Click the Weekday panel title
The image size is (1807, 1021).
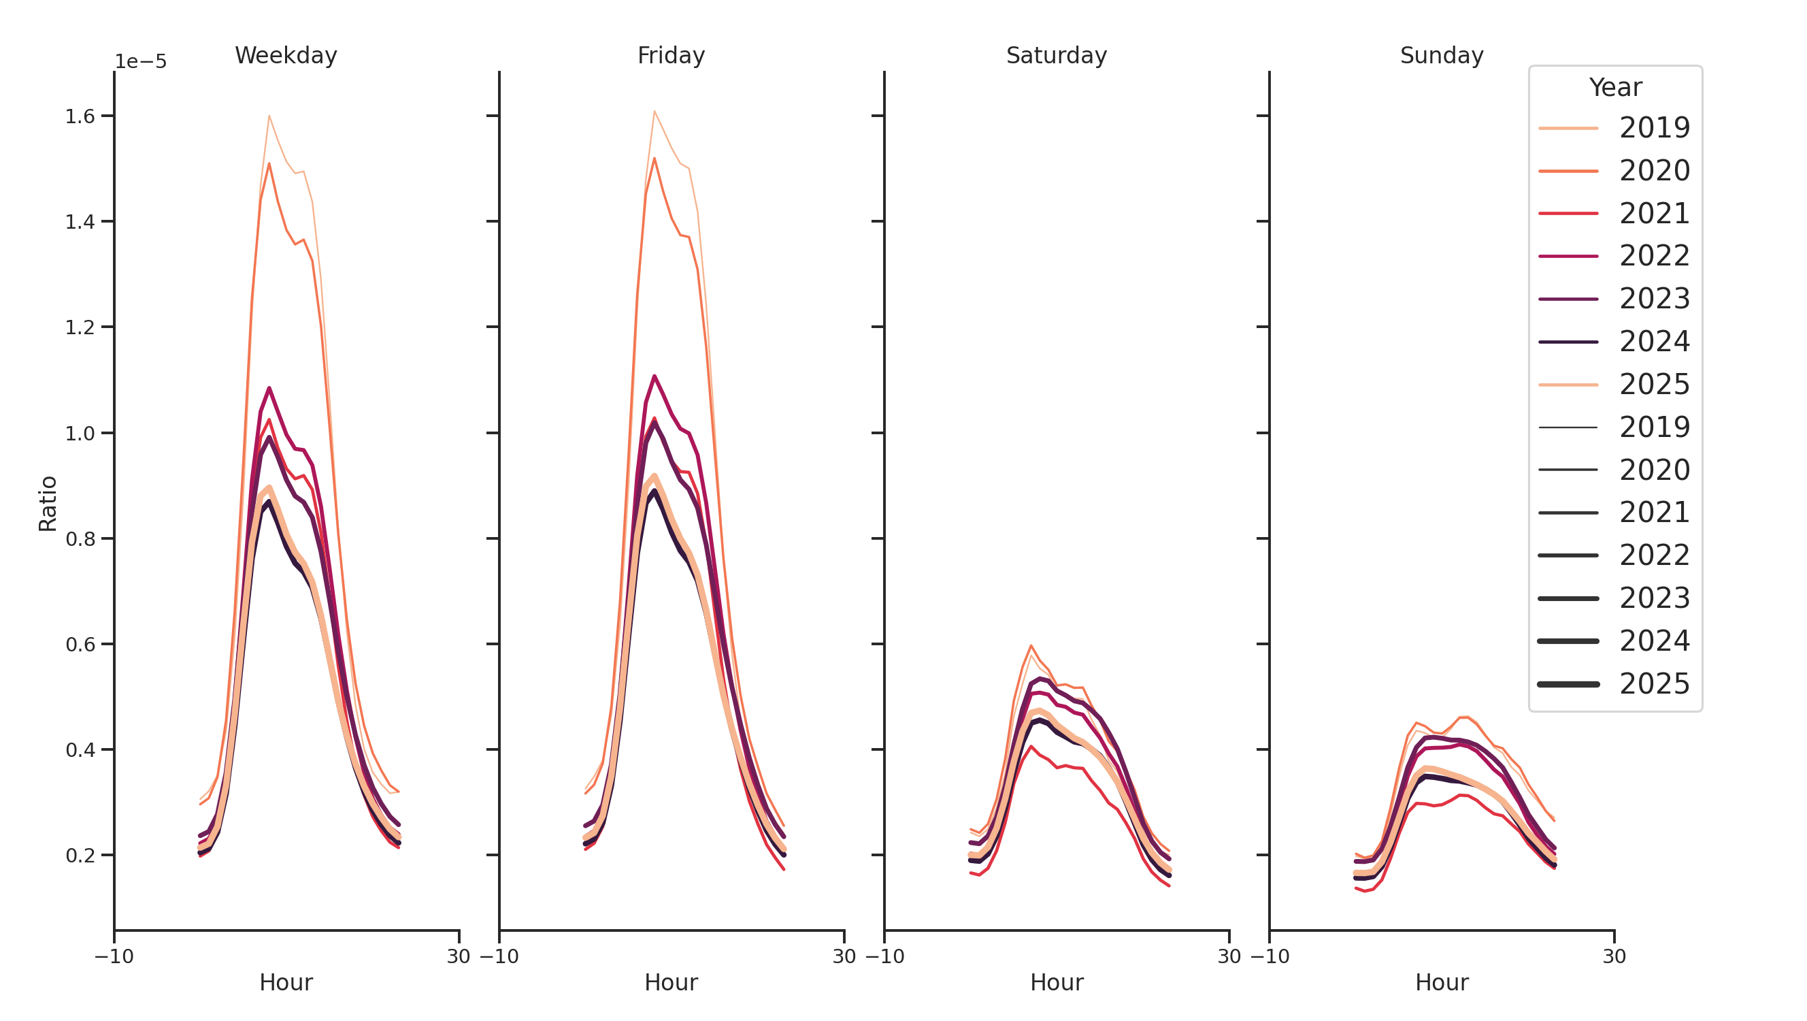coord(286,55)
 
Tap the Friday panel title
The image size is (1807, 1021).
coord(671,55)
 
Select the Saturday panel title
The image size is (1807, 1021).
coord(1056,55)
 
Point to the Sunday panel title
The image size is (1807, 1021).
coord(1441,55)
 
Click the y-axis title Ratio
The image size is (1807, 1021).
coord(48,503)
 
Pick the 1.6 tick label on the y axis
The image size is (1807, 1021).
coord(80,116)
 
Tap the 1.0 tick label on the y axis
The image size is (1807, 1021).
coord(80,434)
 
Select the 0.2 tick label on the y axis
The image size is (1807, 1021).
coord(80,856)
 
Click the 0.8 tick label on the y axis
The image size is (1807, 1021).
coord(80,539)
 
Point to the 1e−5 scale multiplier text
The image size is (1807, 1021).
coord(140,62)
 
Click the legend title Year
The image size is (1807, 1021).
coord(1614,88)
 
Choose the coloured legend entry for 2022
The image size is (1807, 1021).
coord(1654,256)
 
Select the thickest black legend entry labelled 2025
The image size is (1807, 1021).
coord(1654,684)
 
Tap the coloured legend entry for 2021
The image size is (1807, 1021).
coord(1654,213)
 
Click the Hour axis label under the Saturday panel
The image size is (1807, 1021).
coord(1056,982)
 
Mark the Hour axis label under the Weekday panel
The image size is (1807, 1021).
coord(286,982)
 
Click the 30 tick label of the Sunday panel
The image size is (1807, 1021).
coord(1613,956)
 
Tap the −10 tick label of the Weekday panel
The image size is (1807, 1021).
coord(114,956)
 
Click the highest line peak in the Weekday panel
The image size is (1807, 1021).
coord(269,116)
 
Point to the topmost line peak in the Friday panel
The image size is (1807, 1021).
coord(654,111)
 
